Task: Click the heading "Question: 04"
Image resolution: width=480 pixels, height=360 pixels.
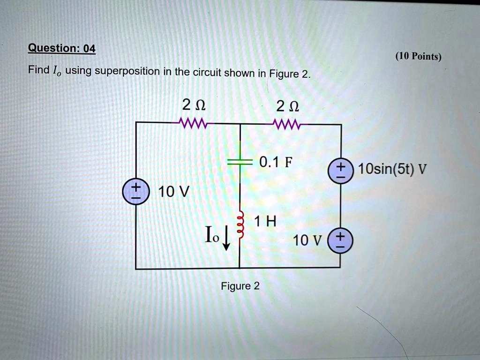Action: tap(61, 48)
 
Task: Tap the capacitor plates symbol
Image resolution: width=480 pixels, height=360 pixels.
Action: tap(240, 162)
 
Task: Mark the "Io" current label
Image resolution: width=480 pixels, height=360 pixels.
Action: tap(211, 235)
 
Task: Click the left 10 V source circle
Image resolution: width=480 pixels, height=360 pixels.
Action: tap(135, 192)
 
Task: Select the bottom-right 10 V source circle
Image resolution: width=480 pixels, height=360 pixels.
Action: tap(340, 241)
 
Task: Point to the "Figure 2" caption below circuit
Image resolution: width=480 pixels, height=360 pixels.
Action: tap(240, 286)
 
